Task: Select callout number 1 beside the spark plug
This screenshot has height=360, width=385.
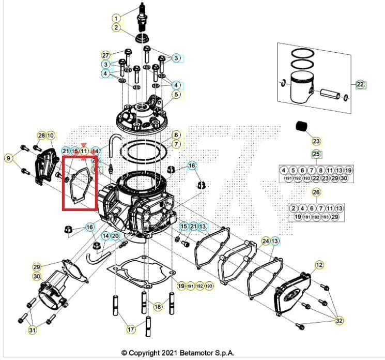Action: tap(116, 18)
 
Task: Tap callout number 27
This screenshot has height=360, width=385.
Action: tap(105, 55)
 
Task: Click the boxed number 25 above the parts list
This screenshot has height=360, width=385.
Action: tap(316, 154)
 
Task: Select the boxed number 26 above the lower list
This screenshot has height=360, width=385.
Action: tap(316, 192)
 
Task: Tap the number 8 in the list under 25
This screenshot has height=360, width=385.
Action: tap(321, 170)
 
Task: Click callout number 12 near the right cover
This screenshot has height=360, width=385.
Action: tap(319, 265)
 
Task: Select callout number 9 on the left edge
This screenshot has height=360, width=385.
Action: tap(8, 158)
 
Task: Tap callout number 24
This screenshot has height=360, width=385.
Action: tap(266, 241)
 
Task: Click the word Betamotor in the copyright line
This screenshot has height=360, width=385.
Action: tap(211, 352)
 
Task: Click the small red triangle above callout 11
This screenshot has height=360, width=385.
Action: tap(84, 145)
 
